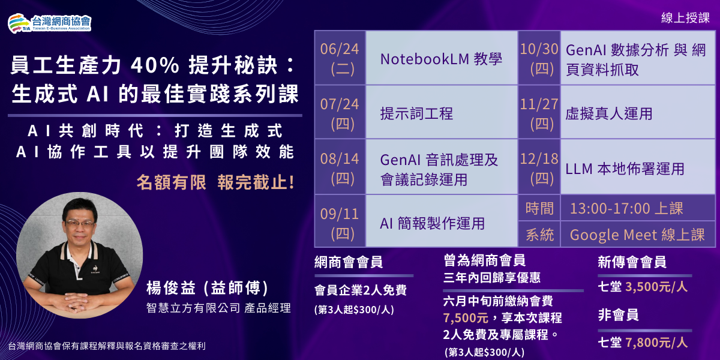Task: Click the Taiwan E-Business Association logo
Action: (49, 22)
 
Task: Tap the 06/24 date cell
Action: (340, 58)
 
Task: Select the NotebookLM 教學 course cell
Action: (441, 58)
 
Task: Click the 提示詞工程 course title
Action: (416, 113)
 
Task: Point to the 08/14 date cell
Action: (340, 167)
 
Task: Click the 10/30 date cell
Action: (539, 58)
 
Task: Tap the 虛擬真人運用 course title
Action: (608, 113)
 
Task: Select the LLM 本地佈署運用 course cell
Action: (625, 168)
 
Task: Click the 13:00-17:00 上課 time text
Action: (626, 208)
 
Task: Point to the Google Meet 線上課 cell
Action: (637, 235)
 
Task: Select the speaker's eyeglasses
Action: (80, 223)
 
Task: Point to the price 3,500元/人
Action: (656, 286)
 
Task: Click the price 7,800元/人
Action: (656, 342)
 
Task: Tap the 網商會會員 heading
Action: (349, 262)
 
